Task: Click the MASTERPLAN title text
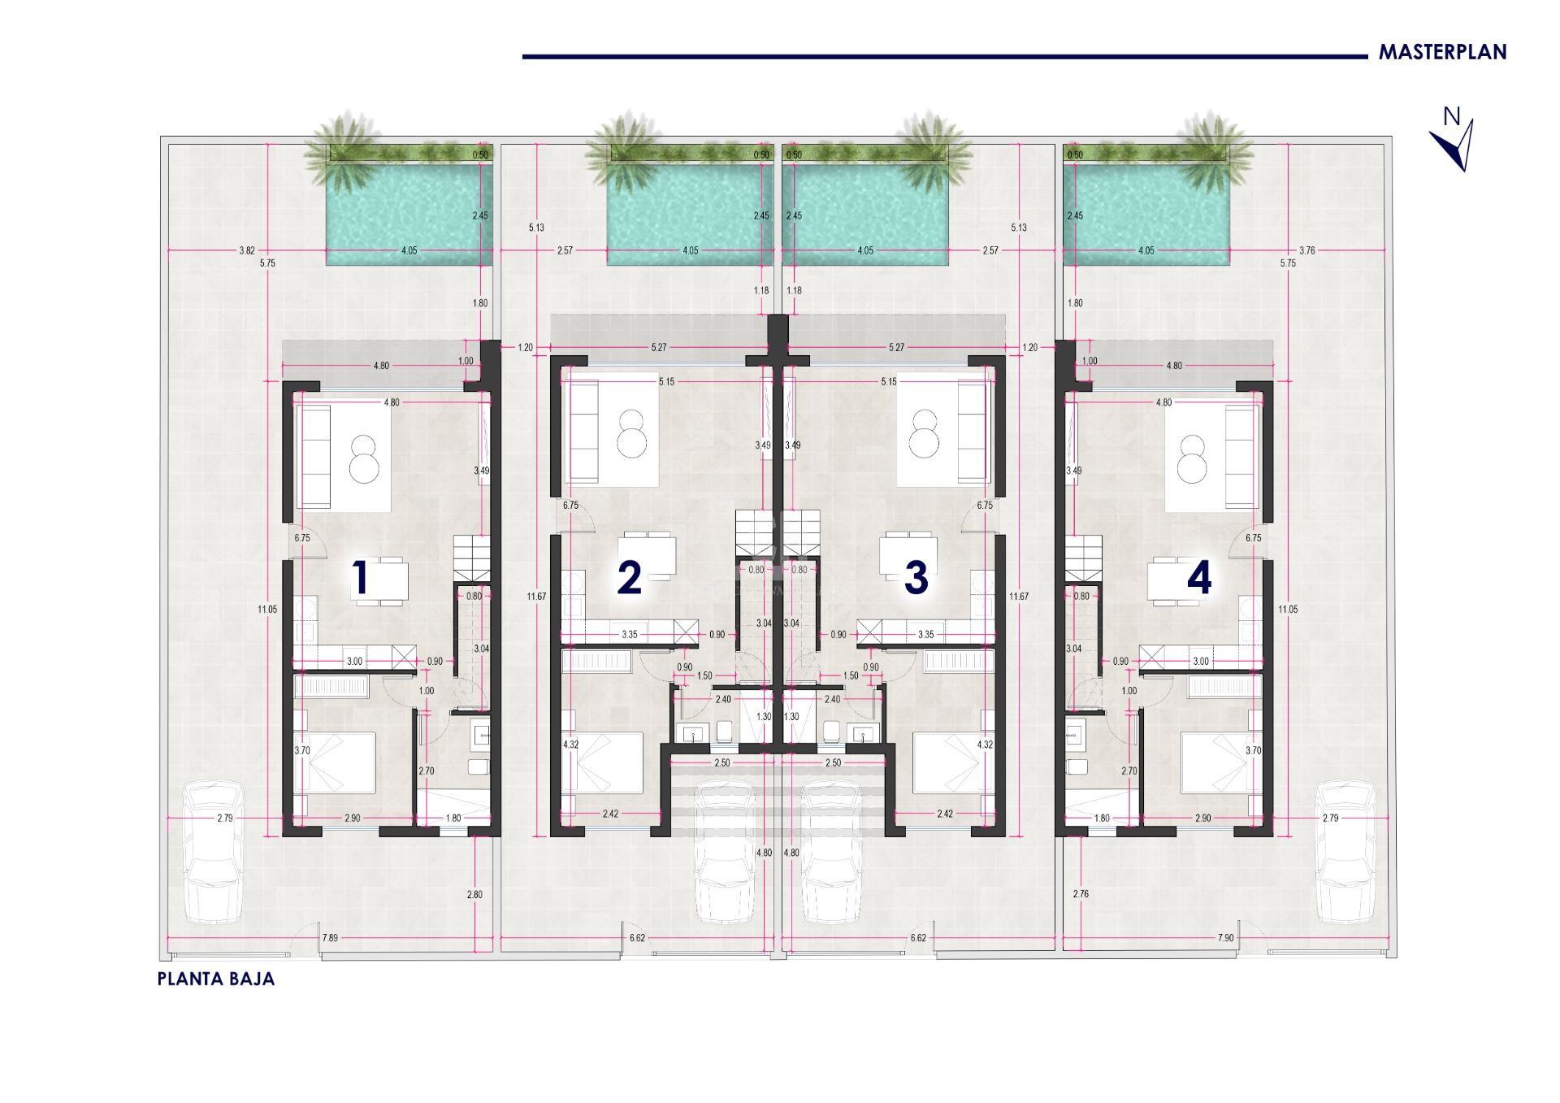point(1442,52)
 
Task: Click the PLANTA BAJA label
point(216,979)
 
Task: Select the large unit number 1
point(361,579)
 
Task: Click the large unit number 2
point(630,579)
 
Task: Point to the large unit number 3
point(916,579)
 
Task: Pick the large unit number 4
point(1199,579)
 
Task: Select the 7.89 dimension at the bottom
point(330,938)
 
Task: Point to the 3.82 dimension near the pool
point(247,250)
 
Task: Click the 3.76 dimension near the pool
point(1306,250)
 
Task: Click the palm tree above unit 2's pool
point(622,146)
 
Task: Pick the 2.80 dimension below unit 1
point(474,894)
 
